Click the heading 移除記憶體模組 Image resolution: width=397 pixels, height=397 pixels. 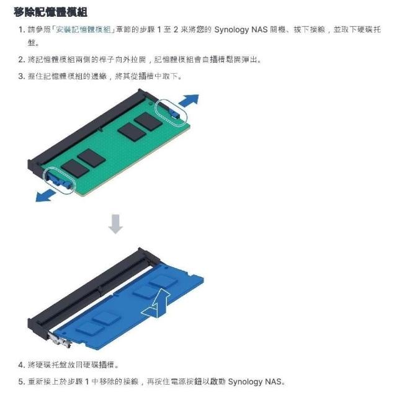tap(51, 12)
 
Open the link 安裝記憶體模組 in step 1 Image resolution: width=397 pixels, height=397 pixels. tap(83, 30)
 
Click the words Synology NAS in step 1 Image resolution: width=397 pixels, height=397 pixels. tap(241, 30)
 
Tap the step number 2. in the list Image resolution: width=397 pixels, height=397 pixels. tap(22, 60)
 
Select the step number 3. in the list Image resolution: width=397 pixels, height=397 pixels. tap(22, 76)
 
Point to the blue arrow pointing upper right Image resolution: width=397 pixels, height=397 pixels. tap(189, 100)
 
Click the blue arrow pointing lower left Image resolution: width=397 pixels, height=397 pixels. tap(45, 196)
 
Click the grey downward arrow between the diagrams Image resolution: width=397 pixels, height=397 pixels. tap(116, 224)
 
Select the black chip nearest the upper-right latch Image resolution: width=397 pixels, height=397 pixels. tap(148, 122)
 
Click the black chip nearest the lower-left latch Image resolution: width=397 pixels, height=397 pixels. tap(75, 168)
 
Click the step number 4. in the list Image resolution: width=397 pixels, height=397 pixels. tap(22, 365)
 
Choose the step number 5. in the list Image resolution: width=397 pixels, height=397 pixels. tap(22, 381)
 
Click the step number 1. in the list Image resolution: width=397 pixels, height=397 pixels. tap(22, 30)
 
